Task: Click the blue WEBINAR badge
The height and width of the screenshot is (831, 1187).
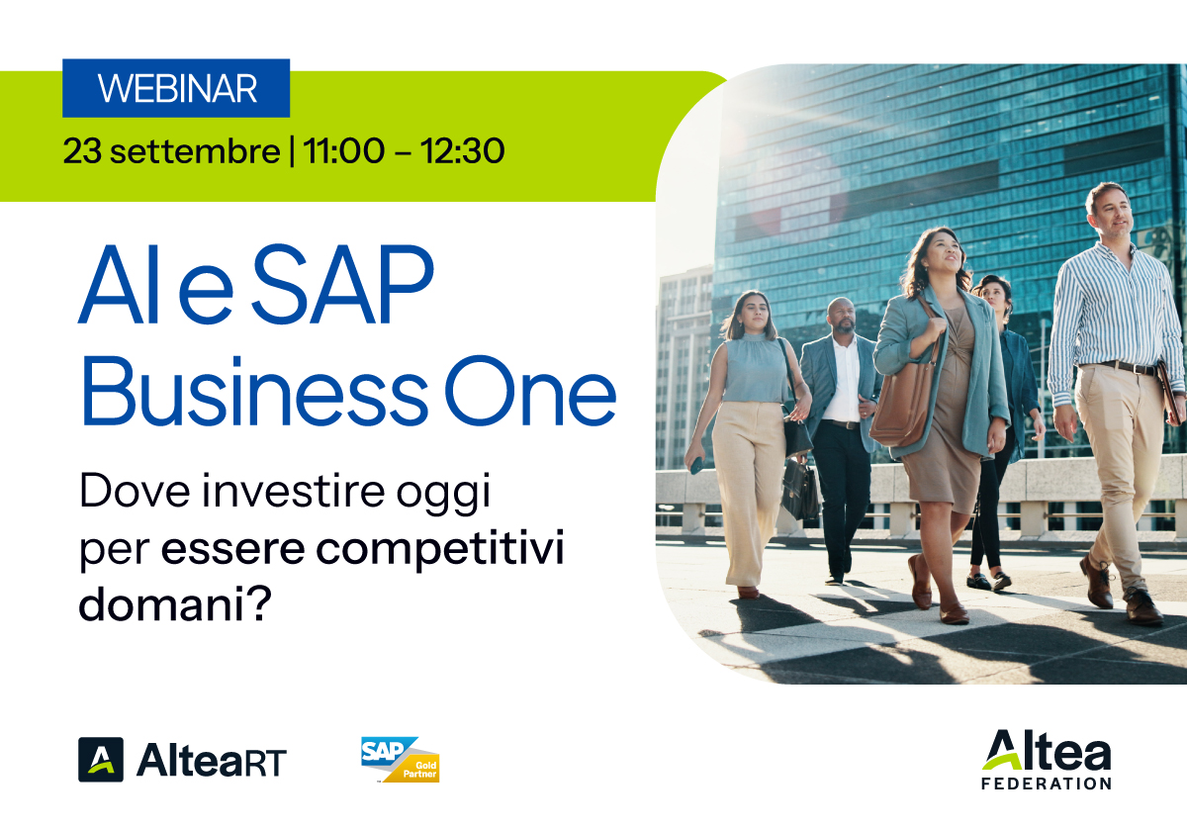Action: tap(176, 88)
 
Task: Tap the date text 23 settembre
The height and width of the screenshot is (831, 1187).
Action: tap(171, 151)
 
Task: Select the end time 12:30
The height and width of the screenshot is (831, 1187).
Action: tap(463, 151)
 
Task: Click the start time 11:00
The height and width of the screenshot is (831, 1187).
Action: tap(344, 151)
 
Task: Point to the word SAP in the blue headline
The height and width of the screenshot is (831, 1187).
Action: tap(343, 284)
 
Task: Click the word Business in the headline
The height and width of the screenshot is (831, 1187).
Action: tap(255, 391)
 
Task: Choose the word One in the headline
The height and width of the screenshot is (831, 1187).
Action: tap(530, 392)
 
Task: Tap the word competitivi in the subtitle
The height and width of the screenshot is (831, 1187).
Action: tap(440, 550)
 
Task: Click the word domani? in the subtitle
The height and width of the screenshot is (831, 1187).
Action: tap(175, 604)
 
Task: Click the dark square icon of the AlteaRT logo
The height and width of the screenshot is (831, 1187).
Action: tap(101, 760)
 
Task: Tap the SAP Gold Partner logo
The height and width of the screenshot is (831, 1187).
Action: tap(400, 759)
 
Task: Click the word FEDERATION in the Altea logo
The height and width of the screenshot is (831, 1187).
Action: tap(1047, 784)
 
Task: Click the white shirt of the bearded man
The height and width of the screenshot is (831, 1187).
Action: tap(844, 382)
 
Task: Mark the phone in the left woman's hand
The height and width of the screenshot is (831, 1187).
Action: tap(696, 465)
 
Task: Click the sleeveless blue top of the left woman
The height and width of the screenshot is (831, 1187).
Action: tap(755, 367)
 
